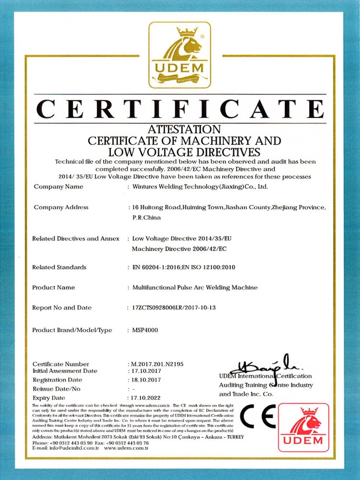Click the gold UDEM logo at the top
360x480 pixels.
click(180, 55)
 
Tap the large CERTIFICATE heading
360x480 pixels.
click(180, 109)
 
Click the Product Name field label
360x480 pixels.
click(53, 288)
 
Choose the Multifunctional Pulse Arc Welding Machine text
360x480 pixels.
click(195, 288)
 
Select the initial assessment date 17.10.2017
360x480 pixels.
click(147, 371)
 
